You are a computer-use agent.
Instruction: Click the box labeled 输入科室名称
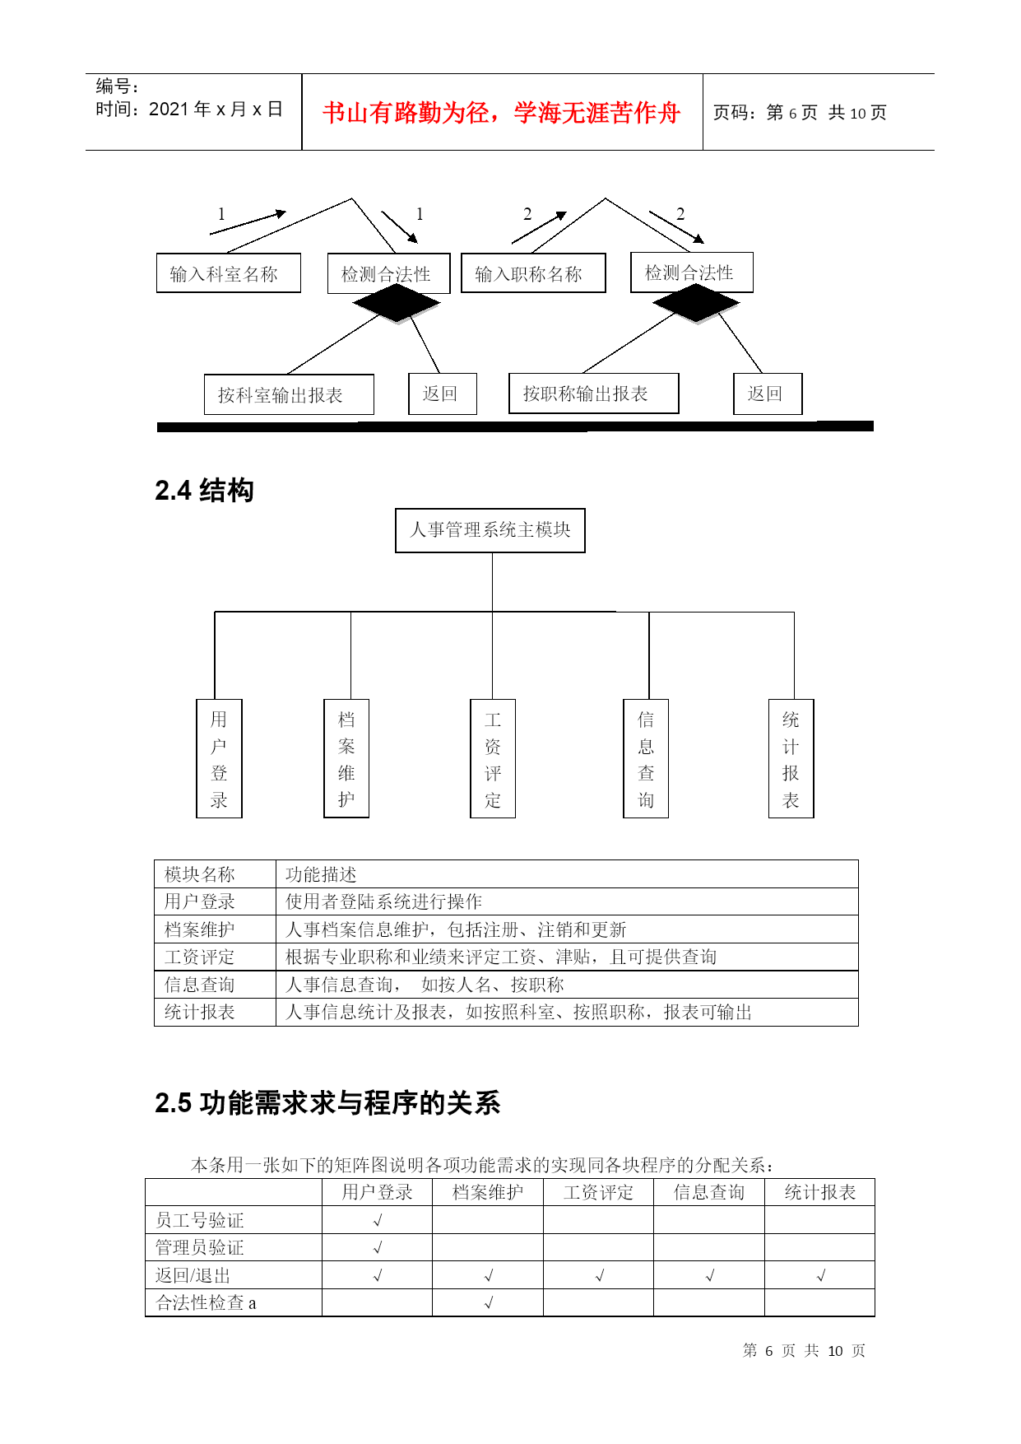(229, 273)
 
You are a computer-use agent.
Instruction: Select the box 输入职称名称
(533, 273)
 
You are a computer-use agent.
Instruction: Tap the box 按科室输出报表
(289, 394)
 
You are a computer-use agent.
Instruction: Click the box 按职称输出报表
(594, 394)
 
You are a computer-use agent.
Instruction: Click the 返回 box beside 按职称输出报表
(768, 394)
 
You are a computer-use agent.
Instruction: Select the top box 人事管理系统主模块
(490, 530)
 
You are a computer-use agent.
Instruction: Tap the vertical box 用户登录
(219, 758)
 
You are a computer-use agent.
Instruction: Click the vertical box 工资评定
(493, 758)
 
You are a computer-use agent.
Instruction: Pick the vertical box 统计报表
(791, 758)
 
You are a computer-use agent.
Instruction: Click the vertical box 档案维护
(346, 758)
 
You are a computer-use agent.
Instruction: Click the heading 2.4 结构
(204, 491)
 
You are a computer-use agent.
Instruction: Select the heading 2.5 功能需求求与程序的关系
(327, 1103)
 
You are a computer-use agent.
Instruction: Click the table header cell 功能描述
(321, 874)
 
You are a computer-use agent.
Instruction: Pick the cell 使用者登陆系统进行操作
(383, 901)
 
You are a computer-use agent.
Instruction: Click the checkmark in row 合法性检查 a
(489, 1302)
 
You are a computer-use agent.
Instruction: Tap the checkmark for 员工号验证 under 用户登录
(378, 1220)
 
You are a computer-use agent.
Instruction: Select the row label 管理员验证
(200, 1248)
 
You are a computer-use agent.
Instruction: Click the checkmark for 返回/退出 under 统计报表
(820, 1275)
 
